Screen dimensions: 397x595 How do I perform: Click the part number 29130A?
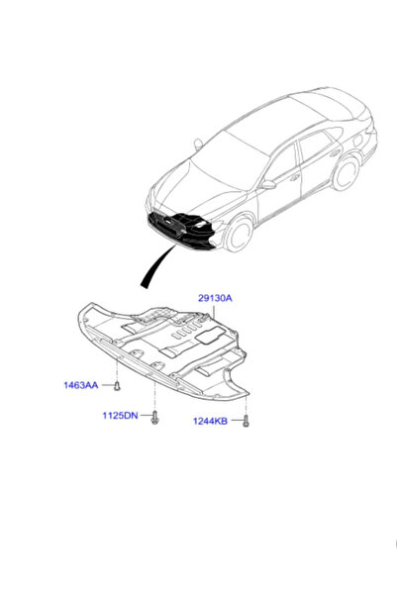tap(215, 298)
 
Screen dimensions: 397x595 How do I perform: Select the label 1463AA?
tap(81, 385)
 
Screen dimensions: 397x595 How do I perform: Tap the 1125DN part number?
tap(120, 416)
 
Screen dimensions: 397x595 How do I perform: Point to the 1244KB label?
tap(210, 421)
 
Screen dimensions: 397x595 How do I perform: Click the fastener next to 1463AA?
tap(117, 386)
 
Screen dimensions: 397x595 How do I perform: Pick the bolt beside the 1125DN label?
tap(154, 417)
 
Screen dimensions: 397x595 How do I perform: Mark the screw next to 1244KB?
tap(246, 421)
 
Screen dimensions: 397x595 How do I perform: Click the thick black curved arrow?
tap(154, 265)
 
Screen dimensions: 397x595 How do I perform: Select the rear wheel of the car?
tap(347, 172)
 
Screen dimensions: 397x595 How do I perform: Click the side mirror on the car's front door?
tap(267, 185)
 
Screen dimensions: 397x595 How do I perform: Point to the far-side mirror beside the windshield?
tap(198, 144)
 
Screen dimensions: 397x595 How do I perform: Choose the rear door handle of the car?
tap(336, 153)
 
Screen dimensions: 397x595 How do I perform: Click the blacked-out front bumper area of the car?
tap(182, 231)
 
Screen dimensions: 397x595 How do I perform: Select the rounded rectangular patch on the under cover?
tap(209, 335)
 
